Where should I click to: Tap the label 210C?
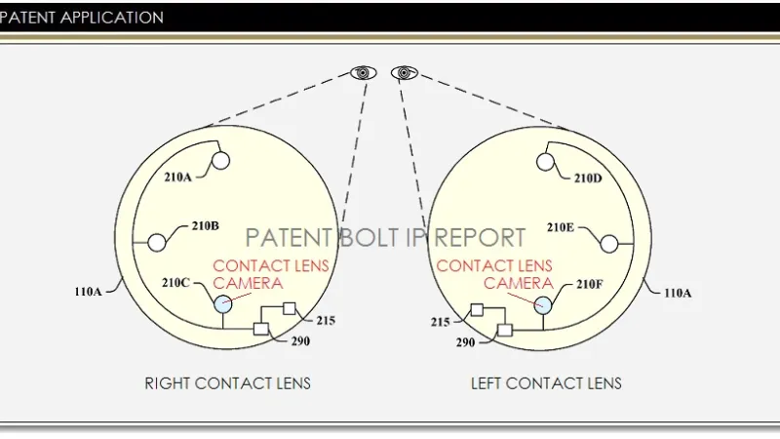[x=177, y=283]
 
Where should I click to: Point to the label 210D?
[x=589, y=178]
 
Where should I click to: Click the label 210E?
[x=561, y=227]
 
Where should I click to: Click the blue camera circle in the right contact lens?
[x=223, y=304]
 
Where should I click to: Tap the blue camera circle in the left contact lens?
[x=542, y=304]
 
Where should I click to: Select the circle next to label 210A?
[x=221, y=160]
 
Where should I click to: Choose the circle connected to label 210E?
[x=608, y=242]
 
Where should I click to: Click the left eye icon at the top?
[x=364, y=72]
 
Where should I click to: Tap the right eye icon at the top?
[x=404, y=72]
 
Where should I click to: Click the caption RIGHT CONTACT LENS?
[x=227, y=383]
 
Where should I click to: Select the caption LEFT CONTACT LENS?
[x=546, y=383]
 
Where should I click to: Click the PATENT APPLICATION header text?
[x=83, y=18]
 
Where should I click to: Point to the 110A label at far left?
[x=89, y=291]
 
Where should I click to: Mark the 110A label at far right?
[x=679, y=291]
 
